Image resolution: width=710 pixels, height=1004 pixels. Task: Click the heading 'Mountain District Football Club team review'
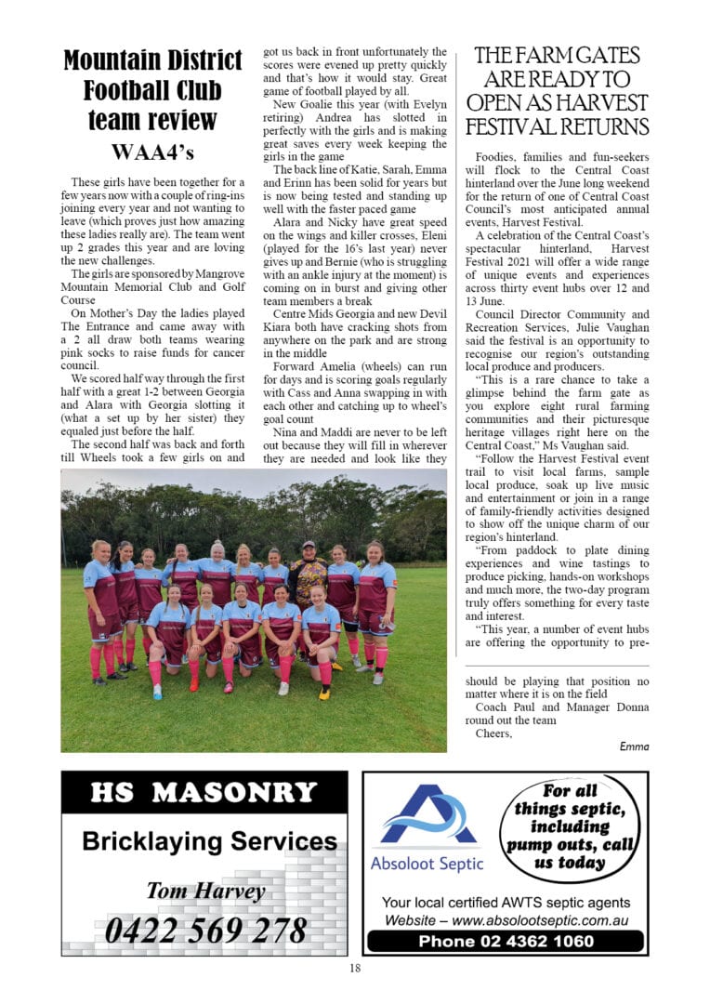pos(152,90)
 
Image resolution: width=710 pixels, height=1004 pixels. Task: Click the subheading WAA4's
pos(152,152)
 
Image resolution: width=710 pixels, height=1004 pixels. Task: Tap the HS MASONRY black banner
pos(204,793)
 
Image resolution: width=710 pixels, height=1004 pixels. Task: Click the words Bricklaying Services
pos(209,841)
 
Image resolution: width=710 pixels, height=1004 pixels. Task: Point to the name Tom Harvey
pos(205,891)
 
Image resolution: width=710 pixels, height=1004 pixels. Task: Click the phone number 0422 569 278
pos(205,930)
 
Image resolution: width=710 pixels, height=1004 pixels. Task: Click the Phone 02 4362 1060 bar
pos(506,941)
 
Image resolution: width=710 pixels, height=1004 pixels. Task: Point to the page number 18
pos(355,968)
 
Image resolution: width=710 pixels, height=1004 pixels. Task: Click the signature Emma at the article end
pos(634,746)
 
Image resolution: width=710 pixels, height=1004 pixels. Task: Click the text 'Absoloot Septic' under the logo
pos(427,864)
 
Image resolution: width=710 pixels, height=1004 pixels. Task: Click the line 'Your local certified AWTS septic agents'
pos(506,903)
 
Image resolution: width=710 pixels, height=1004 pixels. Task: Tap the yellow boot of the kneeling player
pos(322,693)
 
